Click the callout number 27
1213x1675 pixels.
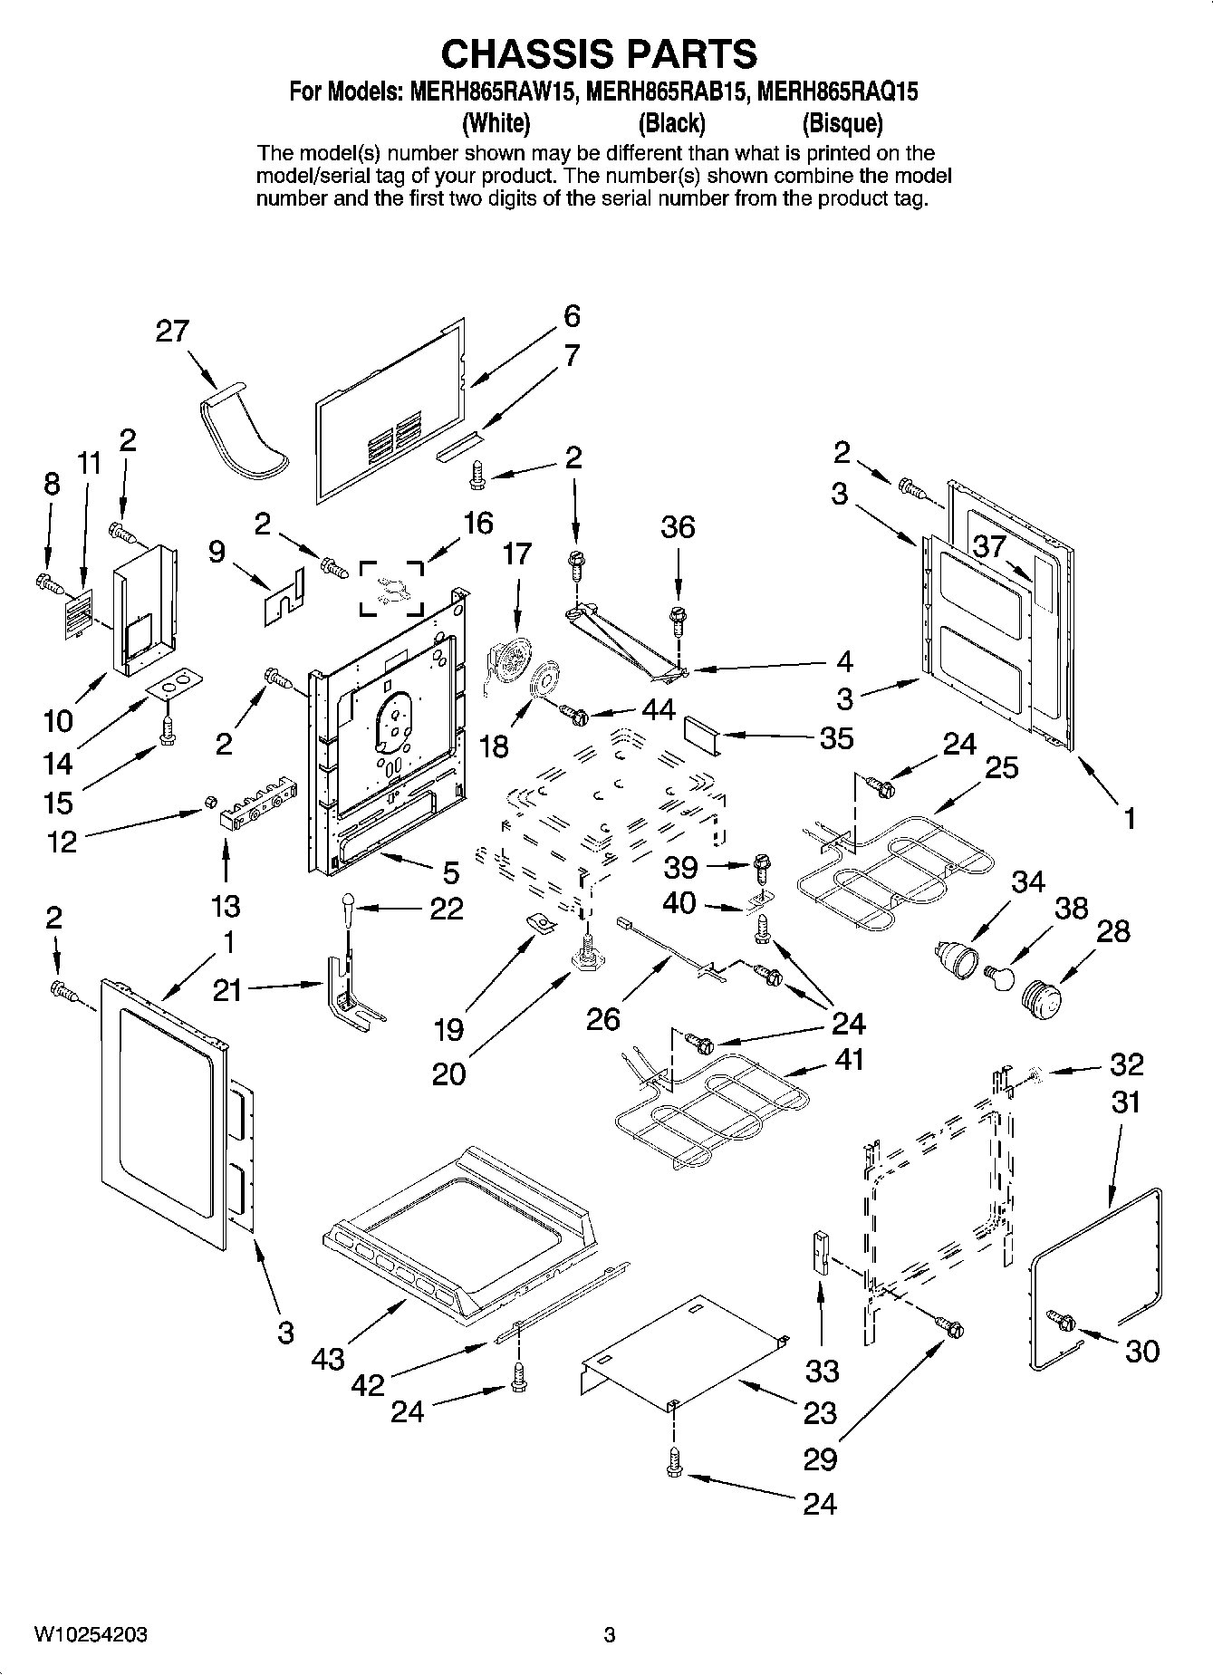pyautogui.click(x=172, y=331)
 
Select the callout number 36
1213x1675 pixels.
pyautogui.click(x=678, y=526)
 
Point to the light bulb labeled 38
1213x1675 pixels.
pyautogui.click(x=998, y=976)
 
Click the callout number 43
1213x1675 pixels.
pyautogui.click(x=328, y=1359)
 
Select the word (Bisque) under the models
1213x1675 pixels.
pyautogui.click(x=842, y=122)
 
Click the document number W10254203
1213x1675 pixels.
pyautogui.click(x=91, y=1635)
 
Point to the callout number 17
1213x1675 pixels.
pyautogui.click(x=516, y=553)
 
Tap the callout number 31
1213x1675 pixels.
pyautogui.click(x=1125, y=1102)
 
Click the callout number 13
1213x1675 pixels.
pyautogui.click(x=226, y=905)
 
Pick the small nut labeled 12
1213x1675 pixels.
pyautogui.click(x=208, y=801)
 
